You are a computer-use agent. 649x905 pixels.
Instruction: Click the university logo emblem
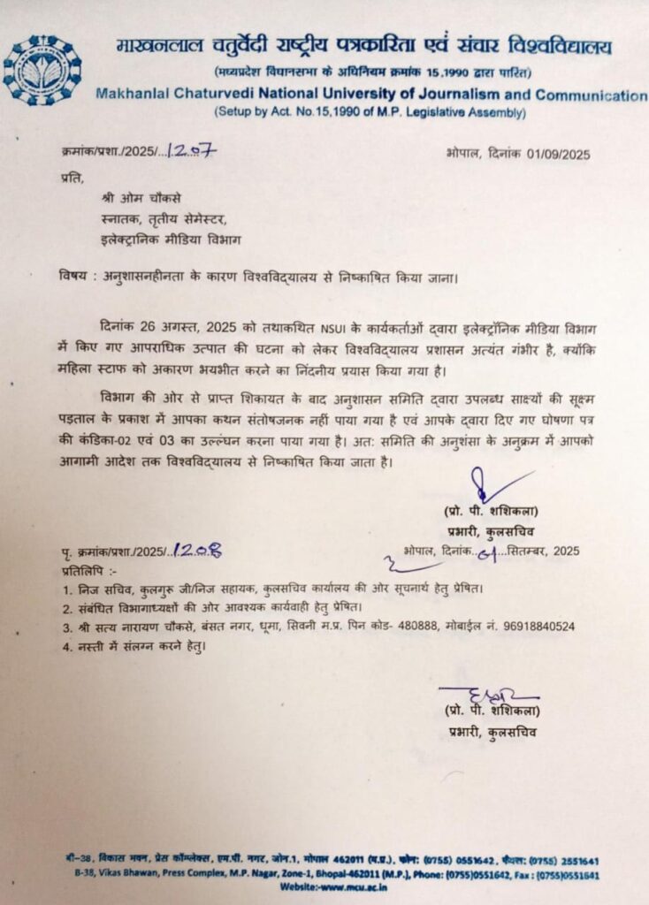point(42,70)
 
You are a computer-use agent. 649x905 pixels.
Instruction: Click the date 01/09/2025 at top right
point(554,154)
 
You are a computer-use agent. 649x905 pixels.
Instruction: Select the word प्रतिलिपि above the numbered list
point(86,570)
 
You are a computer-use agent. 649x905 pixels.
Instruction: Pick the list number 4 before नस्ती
point(67,646)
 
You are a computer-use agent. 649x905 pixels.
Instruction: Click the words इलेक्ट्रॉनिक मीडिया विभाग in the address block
point(170,239)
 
